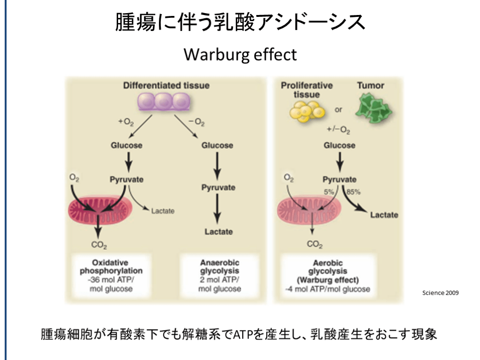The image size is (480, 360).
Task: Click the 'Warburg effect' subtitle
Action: pyautogui.click(x=240, y=54)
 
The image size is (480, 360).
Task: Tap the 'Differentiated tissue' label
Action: pyautogui.click(x=166, y=86)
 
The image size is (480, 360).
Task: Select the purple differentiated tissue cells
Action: pyautogui.click(x=164, y=101)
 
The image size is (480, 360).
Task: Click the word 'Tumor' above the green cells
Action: pyautogui.click(x=370, y=86)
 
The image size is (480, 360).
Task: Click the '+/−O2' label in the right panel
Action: pyautogui.click(x=339, y=130)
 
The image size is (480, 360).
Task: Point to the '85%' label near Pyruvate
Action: pyautogui.click(x=353, y=191)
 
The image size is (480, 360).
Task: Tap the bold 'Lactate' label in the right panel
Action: pyautogui.click(x=384, y=215)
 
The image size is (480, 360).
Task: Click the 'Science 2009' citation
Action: pyautogui.click(x=440, y=292)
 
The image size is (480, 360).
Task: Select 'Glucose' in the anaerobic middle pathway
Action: pyautogui.click(x=217, y=145)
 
